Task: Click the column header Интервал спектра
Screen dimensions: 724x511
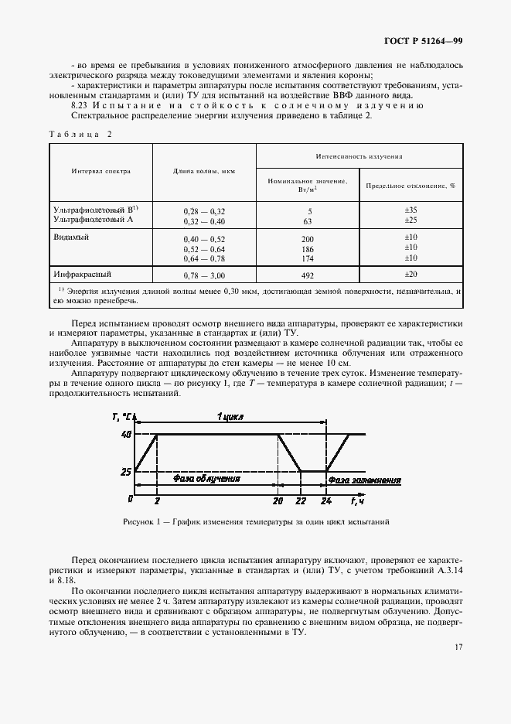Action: [101, 171]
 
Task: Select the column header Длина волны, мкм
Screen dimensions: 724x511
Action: [204, 171]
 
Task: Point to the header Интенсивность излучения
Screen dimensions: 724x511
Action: [359, 155]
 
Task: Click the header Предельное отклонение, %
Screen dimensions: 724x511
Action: [411, 186]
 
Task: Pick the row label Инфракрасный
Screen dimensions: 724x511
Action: [83, 274]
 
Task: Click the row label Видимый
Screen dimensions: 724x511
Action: [71, 237]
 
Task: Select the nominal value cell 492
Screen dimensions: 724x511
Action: [308, 275]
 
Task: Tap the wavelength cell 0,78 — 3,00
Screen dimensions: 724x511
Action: [204, 275]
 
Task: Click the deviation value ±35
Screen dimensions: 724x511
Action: [411, 210]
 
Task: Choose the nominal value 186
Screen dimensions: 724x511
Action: [308, 248]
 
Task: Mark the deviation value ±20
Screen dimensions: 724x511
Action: [411, 275]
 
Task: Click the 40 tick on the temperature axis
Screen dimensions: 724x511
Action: [125, 435]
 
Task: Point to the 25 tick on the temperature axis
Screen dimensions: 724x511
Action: [125, 470]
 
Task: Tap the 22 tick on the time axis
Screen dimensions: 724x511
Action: [300, 501]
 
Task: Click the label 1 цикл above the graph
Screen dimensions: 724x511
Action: [230, 416]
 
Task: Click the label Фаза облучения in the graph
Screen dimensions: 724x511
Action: [206, 478]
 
